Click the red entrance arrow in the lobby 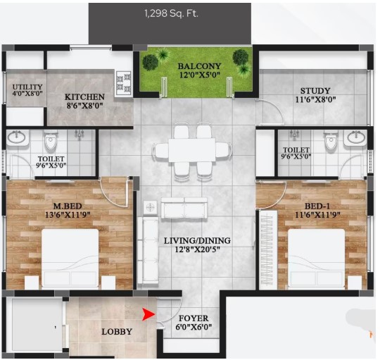click(x=148, y=314)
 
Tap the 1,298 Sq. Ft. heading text click(x=171, y=13)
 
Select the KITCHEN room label click(x=84, y=97)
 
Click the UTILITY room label click(x=27, y=87)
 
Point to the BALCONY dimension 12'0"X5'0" click(x=200, y=75)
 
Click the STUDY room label click(x=315, y=91)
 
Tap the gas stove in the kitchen click(x=124, y=83)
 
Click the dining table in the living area click(x=192, y=150)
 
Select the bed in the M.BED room click(x=70, y=259)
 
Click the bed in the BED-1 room click(x=316, y=259)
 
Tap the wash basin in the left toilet click(x=16, y=137)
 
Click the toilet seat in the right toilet click(x=331, y=140)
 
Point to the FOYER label click(x=194, y=318)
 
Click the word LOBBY click(x=117, y=332)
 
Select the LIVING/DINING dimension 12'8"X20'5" click(x=198, y=249)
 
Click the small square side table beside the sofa click(x=151, y=207)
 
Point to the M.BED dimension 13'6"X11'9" click(x=68, y=215)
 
